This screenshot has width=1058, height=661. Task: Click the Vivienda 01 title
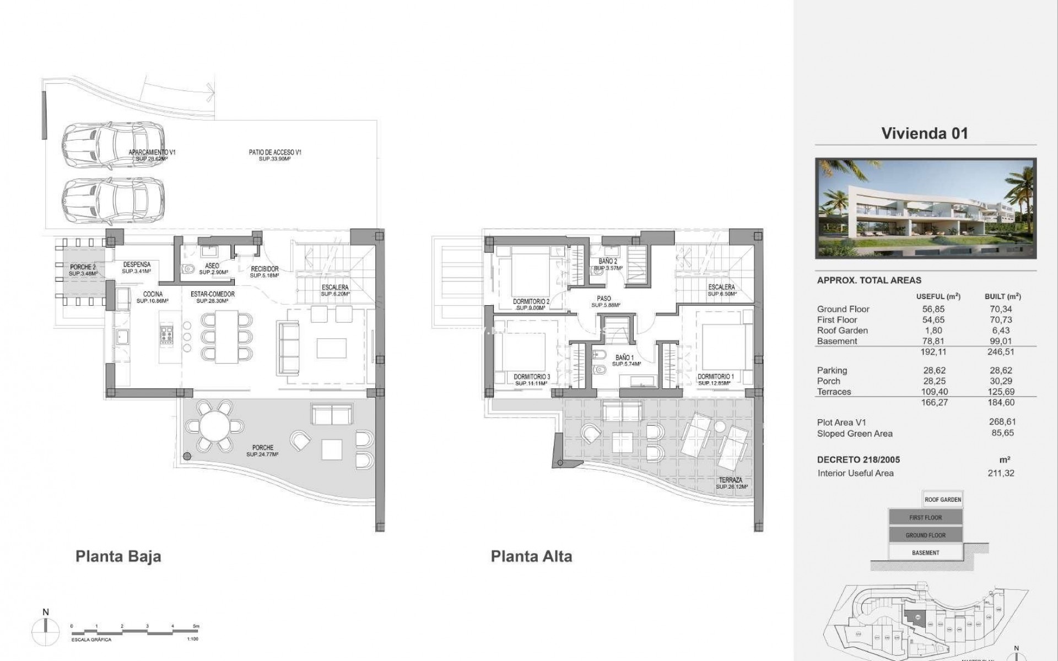925,133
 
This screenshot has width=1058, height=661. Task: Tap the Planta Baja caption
118,556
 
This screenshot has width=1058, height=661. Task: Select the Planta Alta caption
531,556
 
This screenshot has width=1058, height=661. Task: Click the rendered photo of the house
925,209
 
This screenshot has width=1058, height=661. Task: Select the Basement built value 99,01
1001,341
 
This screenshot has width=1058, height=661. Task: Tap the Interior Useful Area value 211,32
1001,473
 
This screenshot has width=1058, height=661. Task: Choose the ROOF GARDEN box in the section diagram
942,500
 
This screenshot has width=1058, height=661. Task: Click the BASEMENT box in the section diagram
925,552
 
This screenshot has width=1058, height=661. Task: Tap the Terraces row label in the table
834,392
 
